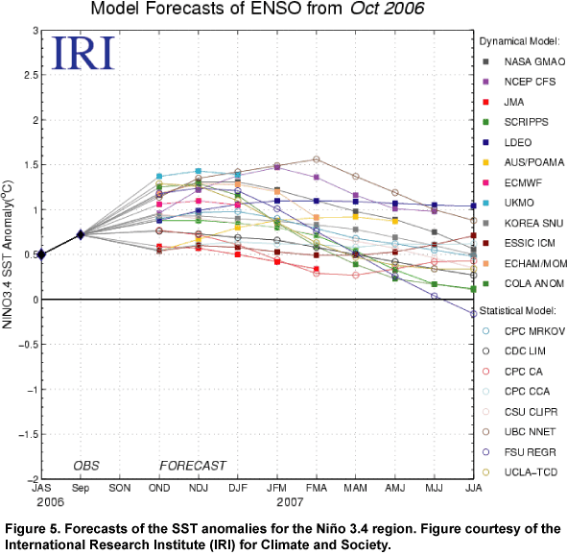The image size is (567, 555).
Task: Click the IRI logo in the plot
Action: tap(83, 53)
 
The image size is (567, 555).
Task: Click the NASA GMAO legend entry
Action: tap(525, 61)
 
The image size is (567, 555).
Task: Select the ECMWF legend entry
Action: tap(512, 182)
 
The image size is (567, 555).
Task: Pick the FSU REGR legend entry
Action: tap(519, 452)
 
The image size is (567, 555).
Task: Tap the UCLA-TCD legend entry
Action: tap(520, 472)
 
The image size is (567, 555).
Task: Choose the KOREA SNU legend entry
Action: tap(523, 223)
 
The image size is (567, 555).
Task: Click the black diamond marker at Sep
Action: tap(81, 235)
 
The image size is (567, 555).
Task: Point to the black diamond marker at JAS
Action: tap(41, 254)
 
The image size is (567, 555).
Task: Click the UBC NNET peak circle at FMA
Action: tap(316, 159)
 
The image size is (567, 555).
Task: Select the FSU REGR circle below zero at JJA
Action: tap(473, 314)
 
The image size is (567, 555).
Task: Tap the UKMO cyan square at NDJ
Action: tap(199, 171)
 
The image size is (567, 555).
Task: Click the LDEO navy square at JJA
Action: tap(473, 205)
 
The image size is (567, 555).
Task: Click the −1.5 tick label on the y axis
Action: tap(28, 435)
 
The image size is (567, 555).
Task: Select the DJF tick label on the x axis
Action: tap(238, 488)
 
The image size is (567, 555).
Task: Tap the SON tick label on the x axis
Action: tap(120, 488)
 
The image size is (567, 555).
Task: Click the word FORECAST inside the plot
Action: tap(193, 466)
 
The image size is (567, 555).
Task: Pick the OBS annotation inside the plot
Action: tap(86, 466)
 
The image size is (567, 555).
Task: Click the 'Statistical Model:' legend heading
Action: tap(518, 311)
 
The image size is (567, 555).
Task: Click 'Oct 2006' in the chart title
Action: tap(388, 8)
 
